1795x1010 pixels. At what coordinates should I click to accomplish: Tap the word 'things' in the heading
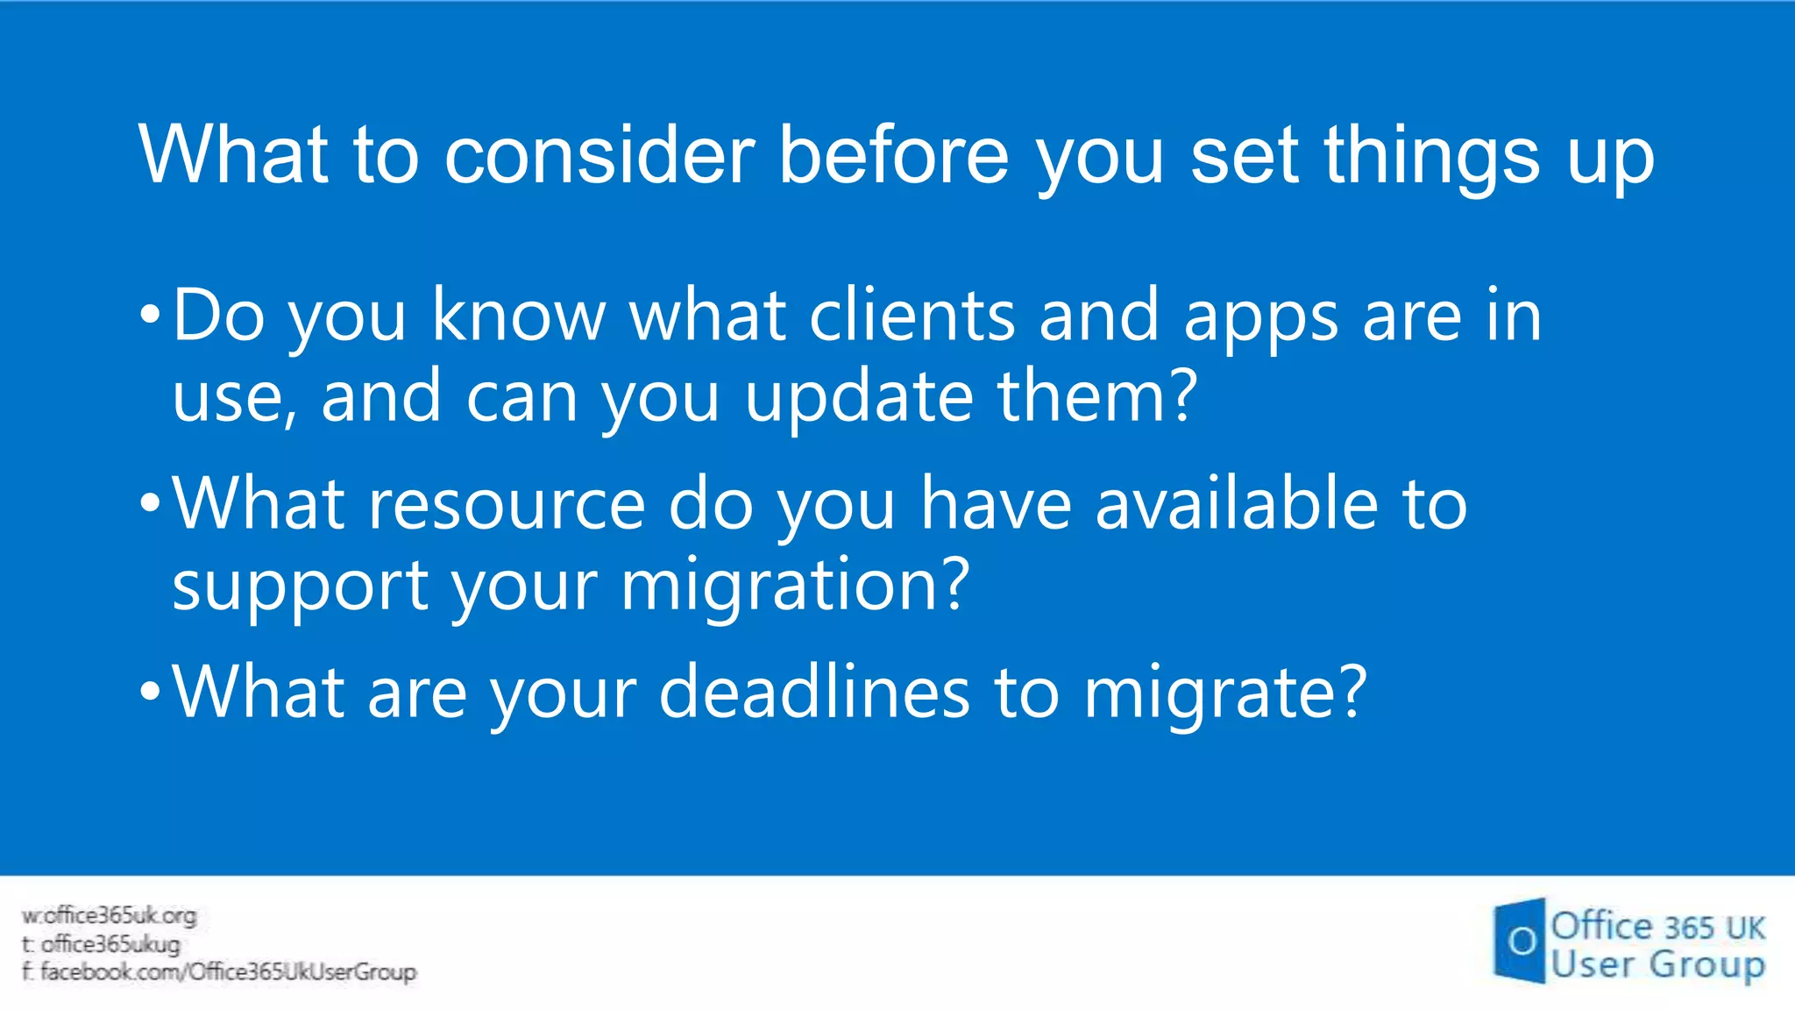pos(1431,155)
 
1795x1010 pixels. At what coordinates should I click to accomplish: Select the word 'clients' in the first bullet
pos(912,316)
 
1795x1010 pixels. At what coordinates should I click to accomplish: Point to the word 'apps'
pos(1260,317)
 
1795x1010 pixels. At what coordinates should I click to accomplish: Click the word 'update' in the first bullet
pos(859,397)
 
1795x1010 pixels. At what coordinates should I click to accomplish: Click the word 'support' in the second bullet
pos(300,586)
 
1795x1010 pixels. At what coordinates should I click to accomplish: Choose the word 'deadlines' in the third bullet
pos(814,692)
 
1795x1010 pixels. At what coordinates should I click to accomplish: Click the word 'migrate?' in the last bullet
pos(1224,693)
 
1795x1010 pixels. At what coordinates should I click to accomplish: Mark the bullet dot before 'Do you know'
pos(150,314)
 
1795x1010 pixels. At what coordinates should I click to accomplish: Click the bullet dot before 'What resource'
pos(150,503)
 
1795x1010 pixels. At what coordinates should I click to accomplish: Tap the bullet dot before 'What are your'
pos(150,691)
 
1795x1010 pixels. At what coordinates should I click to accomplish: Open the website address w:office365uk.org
pos(110,916)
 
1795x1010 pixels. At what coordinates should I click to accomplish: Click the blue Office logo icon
pos(1520,941)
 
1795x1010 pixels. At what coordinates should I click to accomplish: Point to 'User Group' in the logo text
pos(1657,964)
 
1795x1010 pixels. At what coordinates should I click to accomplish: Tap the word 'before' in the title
pos(893,155)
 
